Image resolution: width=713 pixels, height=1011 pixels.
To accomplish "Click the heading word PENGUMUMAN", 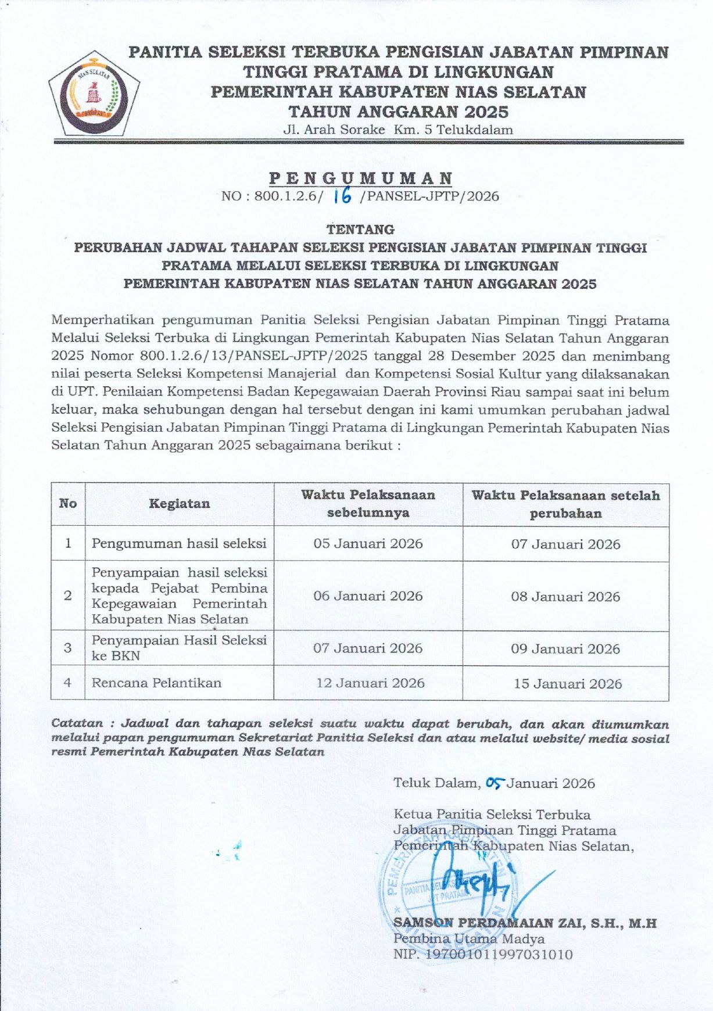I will point(360,178).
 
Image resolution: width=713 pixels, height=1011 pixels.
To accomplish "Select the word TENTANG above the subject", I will point(360,230).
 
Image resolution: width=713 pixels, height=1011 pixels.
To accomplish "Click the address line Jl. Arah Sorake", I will point(397,130).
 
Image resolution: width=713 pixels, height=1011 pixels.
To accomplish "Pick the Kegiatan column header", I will point(179,504).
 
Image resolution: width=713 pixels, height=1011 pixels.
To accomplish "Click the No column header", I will point(68,504).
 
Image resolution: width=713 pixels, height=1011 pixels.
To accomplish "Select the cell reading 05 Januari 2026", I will point(368,544).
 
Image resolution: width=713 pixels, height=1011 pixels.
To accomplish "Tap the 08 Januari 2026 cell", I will point(565,597).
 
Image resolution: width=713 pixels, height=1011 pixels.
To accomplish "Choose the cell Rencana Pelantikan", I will point(156,683).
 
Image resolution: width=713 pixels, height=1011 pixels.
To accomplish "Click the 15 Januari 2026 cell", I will point(567,684).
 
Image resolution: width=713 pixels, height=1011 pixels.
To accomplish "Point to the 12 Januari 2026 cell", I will point(370,683).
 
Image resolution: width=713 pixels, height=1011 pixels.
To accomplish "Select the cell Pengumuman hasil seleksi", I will point(179,544).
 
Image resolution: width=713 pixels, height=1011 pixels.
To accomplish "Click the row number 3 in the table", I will point(68,648).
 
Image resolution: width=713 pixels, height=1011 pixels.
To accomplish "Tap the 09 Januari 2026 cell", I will point(565,649).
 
